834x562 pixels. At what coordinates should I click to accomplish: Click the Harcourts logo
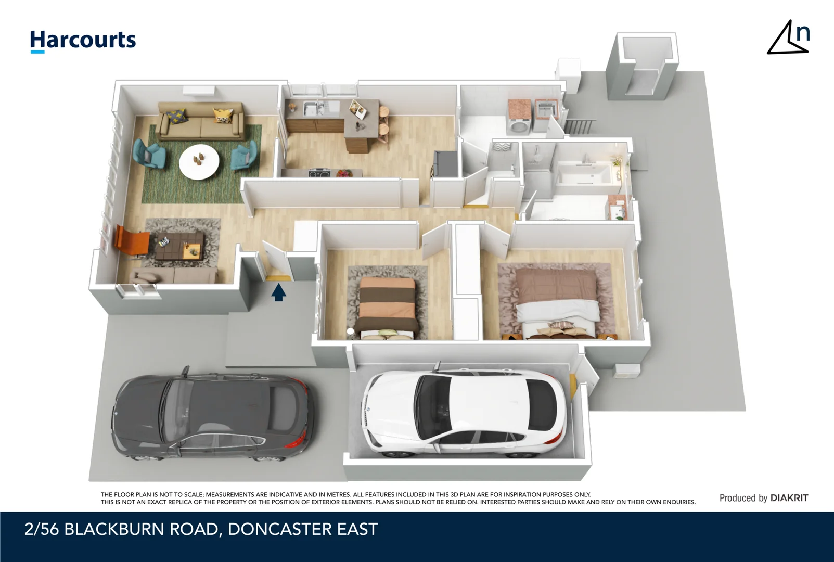coord(83,40)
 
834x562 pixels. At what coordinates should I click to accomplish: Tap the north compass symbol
coord(789,38)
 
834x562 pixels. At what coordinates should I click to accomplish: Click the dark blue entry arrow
coord(279,292)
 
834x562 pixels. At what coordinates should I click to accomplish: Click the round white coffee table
coord(199,161)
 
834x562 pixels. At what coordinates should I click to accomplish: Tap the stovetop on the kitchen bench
coord(319,173)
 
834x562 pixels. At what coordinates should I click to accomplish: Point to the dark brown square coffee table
coord(179,246)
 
